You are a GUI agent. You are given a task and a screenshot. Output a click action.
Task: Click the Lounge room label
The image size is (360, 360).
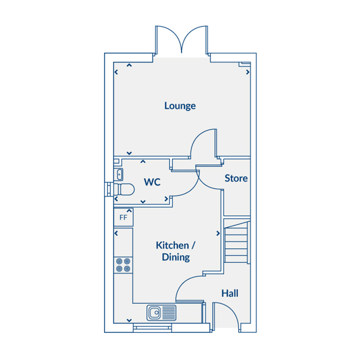(180, 106)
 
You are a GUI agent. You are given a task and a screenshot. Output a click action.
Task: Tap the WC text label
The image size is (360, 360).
(152, 182)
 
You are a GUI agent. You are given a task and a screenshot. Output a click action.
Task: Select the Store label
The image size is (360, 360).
(236, 178)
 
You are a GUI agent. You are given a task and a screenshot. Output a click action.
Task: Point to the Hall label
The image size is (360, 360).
(230, 293)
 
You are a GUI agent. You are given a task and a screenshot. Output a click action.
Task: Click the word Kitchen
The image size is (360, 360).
(172, 245)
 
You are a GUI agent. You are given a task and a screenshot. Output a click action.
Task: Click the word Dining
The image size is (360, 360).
(176, 257)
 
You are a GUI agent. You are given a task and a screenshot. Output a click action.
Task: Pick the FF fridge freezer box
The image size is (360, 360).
(123, 217)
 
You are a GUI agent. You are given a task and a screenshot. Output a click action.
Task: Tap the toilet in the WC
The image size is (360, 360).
(124, 189)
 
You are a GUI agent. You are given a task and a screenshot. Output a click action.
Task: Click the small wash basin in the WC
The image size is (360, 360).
(119, 175)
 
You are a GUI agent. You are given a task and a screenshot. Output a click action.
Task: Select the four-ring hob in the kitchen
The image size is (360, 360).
(123, 265)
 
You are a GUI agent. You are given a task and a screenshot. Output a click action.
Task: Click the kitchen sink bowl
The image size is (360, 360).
(154, 312)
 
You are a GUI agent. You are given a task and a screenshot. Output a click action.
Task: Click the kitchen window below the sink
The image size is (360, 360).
(153, 328)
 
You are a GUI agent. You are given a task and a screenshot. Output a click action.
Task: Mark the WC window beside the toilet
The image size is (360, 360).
(109, 189)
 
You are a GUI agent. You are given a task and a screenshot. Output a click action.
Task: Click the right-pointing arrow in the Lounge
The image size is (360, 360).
(248, 72)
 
